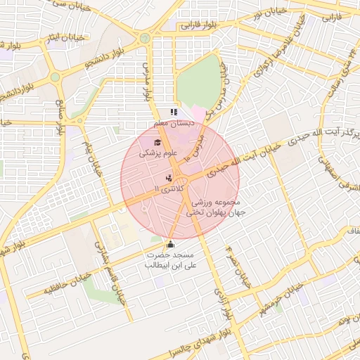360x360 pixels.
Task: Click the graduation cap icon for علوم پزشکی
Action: (x=156, y=143)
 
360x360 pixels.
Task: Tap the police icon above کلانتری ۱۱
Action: (x=169, y=179)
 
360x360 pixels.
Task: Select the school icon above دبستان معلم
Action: (x=174, y=112)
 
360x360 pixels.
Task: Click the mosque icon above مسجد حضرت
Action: (x=169, y=244)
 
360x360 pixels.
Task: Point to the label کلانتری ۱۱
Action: (x=167, y=190)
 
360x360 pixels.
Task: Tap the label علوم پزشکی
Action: (x=159, y=153)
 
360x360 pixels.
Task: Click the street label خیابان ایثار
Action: (x=63, y=37)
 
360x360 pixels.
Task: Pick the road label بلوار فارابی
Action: (x=199, y=25)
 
